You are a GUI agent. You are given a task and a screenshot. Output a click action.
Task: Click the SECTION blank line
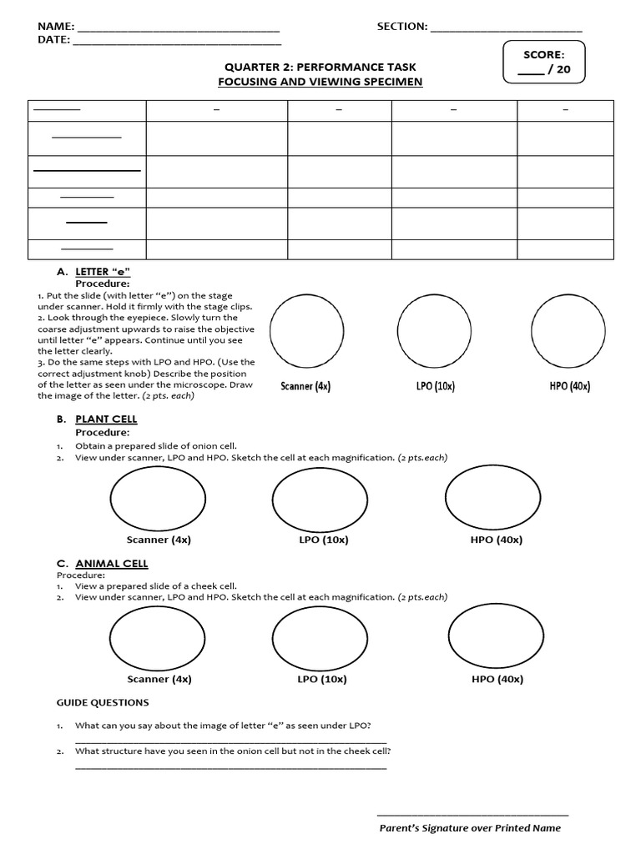coord(506,29)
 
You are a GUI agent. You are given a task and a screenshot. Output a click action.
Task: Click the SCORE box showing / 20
coord(544,63)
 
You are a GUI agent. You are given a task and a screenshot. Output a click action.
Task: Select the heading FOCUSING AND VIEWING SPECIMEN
coord(320,82)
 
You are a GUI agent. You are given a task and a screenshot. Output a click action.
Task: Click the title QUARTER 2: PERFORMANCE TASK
coord(320,67)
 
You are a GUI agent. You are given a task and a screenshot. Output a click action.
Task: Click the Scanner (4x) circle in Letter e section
coord(306,332)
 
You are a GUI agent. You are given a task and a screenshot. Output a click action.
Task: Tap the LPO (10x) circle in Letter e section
coord(434,332)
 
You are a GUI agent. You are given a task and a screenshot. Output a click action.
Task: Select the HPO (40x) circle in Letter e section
coord(568,332)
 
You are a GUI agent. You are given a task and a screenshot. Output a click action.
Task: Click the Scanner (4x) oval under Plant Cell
coord(159,499)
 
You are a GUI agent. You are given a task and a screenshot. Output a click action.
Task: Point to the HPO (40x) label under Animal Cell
coord(497,679)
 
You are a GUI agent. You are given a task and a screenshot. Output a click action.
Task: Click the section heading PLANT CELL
coord(106,419)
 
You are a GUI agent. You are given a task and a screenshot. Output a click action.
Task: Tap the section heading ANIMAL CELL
coord(112,564)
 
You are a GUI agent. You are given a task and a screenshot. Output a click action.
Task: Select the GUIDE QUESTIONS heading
coord(103,702)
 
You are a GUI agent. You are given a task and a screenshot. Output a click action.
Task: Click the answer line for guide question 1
coord(231,741)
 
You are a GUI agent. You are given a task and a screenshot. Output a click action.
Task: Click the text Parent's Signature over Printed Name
coord(470,828)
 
